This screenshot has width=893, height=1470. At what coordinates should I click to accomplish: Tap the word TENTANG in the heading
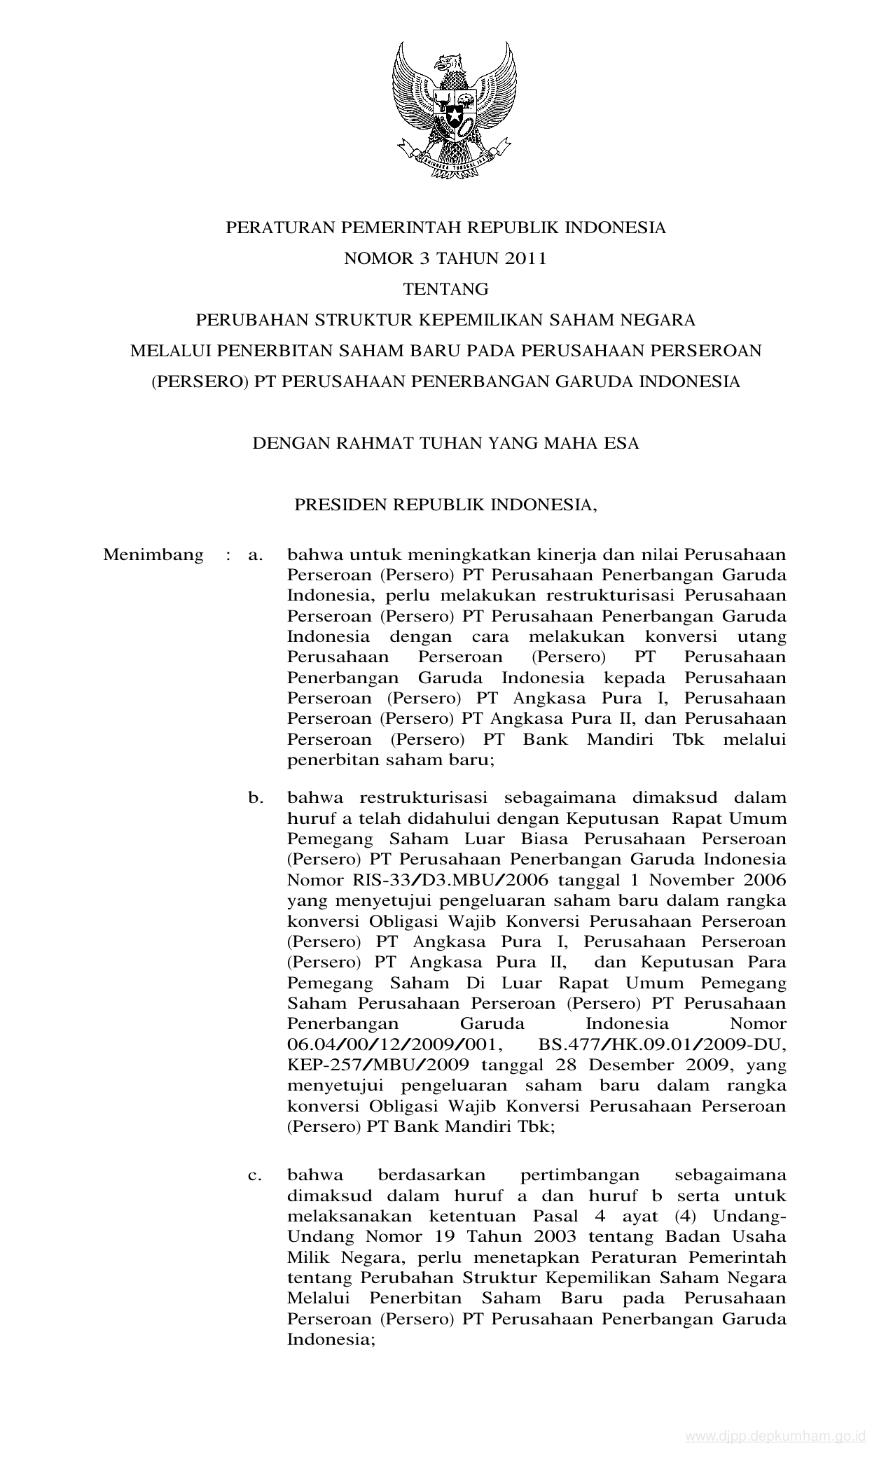coord(445,289)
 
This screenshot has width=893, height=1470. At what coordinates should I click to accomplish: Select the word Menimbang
coord(153,555)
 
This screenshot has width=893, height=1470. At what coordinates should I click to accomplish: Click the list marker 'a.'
coord(256,556)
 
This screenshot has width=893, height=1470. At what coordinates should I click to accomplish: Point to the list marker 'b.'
coord(256,798)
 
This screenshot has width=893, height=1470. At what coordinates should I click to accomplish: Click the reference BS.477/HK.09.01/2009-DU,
coord(662,1045)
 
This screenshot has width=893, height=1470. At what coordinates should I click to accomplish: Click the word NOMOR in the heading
coord(369,258)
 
